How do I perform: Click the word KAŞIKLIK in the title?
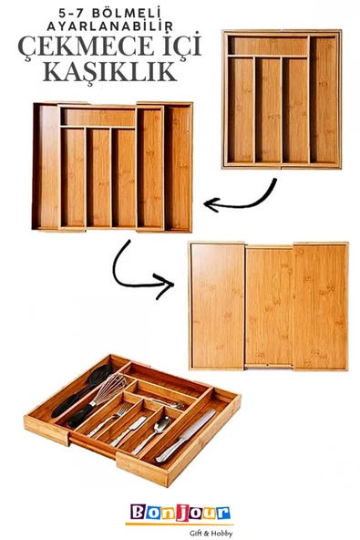pos(109,72)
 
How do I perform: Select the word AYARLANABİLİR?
pos(109,26)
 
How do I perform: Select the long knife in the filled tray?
pos(186,435)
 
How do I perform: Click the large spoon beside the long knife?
pos(152,434)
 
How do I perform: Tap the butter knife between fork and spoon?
pos(128,431)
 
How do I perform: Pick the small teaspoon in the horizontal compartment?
pos(166,403)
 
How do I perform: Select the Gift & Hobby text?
pos(211,534)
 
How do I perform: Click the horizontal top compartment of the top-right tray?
pos(269,46)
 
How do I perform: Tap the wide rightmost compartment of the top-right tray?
pos(324,99)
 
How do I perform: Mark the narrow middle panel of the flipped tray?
pos(269,306)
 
